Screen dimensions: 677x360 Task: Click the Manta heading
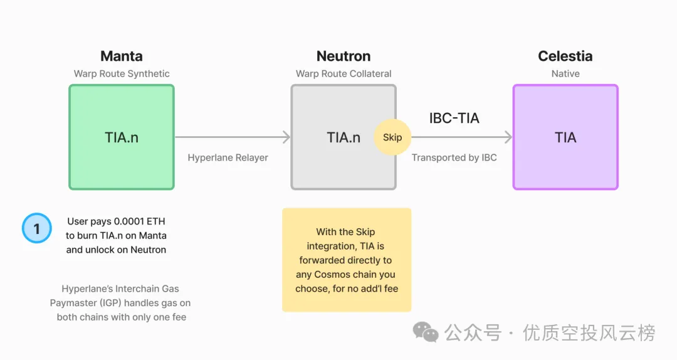(x=122, y=56)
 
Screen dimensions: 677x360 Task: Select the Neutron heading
(x=344, y=56)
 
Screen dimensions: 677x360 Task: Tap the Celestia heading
(x=565, y=56)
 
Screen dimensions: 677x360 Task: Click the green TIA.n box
(x=122, y=137)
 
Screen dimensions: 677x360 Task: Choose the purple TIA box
(x=565, y=137)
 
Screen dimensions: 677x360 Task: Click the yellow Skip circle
(x=392, y=137)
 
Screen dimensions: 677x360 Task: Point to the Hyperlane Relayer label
(x=228, y=158)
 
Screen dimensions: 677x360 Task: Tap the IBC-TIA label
(x=454, y=118)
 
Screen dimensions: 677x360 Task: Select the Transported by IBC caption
(x=454, y=158)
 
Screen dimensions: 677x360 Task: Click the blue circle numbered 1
(x=37, y=228)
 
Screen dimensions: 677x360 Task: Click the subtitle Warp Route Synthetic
(x=122, y=74)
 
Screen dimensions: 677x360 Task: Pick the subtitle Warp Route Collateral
(x=344, y=74)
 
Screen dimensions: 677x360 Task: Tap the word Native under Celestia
(x=565, y=74)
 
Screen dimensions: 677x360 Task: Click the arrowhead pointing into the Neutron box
(x=286, y=137)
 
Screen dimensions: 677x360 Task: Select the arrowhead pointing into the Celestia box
(x=508, y=137)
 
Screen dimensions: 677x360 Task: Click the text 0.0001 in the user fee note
(x=129, y=221)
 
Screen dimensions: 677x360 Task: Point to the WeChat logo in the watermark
(x=425, y=332)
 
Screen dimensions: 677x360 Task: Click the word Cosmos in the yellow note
(x=331, y=275)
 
